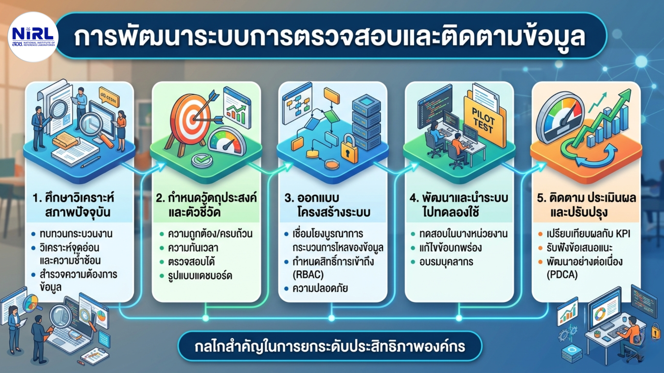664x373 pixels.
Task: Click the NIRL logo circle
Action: coord(33,37)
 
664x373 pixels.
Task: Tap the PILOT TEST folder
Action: coord(485,121)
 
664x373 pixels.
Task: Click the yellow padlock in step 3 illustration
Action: coord(349,149)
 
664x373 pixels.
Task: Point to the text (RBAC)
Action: coord(308,275)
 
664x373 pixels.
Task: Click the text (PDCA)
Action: coord(562,275)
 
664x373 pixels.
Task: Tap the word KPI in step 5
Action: coord(623,234)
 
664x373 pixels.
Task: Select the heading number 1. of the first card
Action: coord(37,198)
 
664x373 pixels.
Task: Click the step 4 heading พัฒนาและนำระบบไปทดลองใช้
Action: coord(459,205)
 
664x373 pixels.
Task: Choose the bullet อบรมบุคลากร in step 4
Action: coord(446,262)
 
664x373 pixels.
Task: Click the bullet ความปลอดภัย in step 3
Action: coord(320,288)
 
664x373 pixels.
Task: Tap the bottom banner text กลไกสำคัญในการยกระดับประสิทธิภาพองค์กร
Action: coord(330,346)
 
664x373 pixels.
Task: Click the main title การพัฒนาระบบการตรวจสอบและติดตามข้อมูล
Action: coord(330,37)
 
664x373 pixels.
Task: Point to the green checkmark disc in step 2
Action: coord(202,160)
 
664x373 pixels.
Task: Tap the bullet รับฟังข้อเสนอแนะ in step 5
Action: coord(579,248)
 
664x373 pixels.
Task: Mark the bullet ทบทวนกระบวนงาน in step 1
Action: coord(76,234)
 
